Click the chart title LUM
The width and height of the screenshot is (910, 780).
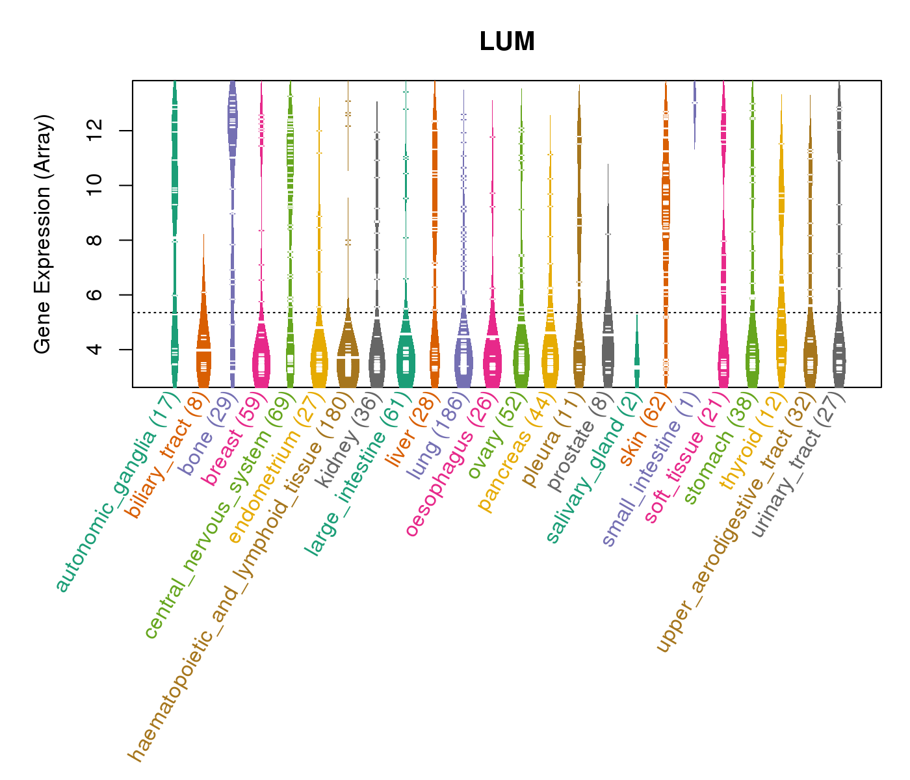pos(507,42)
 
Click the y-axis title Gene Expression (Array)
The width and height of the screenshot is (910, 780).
pos(43,234)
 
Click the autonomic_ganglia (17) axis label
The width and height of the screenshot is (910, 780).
pos(117,494)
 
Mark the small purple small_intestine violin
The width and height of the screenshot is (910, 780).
pos(695,114)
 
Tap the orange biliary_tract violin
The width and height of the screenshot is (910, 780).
pos(203,338)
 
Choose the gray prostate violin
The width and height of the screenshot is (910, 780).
pos(608,325)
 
